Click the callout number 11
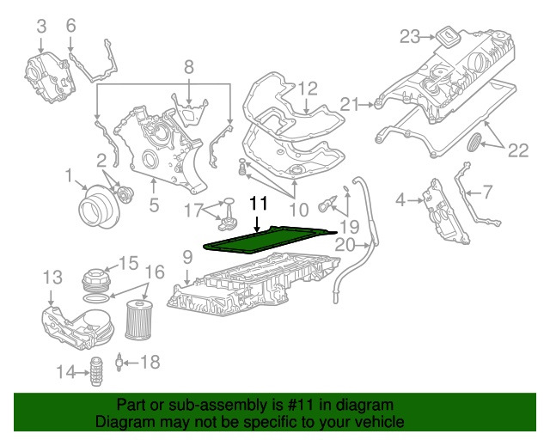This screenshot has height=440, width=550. (x=259, y=204)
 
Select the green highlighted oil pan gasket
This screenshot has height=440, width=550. (x=266, y=239)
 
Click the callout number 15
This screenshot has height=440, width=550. (x=128, y=262)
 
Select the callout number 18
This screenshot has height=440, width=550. (x=150, y=363)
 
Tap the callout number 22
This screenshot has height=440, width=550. (x=517, y=151)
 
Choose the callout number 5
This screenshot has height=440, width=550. (x=154, y=205)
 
